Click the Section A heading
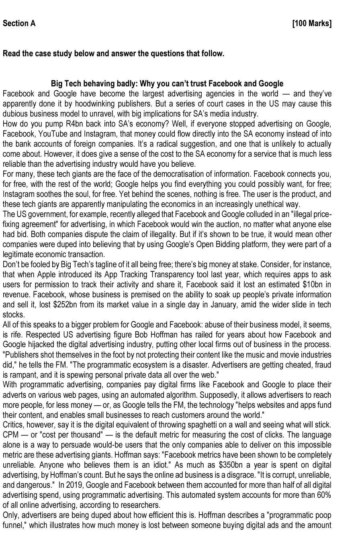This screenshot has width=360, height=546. coord(19,23)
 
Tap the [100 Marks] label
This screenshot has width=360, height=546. coord(312,23)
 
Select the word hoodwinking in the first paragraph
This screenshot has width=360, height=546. coord(98,104)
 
